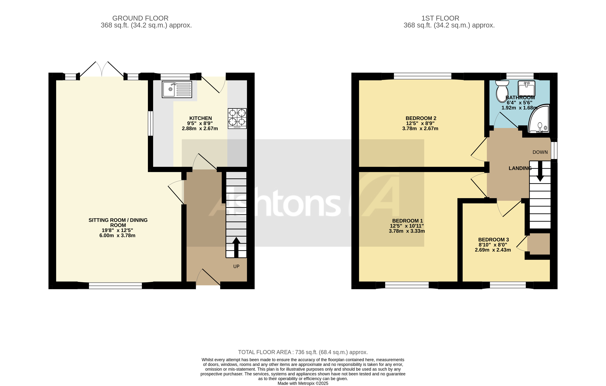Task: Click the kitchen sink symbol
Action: click(x=177, y=89)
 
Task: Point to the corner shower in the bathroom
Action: click(x=539, y=120)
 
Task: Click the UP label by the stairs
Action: click(x=236, y=266)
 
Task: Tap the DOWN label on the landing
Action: click(x=540, y=152)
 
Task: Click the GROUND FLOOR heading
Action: click(x=140, y=18)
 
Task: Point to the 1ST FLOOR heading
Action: click(x=440, y=18)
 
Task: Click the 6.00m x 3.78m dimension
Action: click(x=117, y=236)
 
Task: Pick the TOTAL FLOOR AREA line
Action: click(x=303, y=352)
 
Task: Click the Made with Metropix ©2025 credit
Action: click(x=303, y=383)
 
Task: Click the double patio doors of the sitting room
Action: click(x=102, y=69)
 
